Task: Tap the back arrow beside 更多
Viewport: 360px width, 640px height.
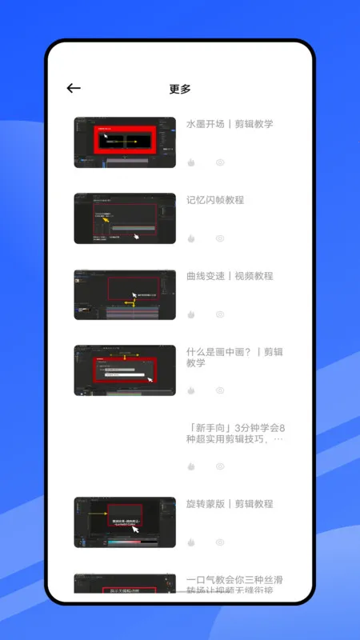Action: pos(74,89)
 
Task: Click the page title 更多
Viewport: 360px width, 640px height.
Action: pos(180,89)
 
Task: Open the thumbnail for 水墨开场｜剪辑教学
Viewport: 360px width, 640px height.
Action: pos(125,142)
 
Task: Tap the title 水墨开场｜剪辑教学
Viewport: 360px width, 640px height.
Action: pos(230,124)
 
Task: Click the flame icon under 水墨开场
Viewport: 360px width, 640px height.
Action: pos(191,162)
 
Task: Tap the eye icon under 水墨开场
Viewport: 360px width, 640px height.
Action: pos(220,162)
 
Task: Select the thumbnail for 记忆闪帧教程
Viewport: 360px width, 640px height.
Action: pos(125,218)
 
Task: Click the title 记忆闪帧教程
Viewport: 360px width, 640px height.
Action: pos(215,200)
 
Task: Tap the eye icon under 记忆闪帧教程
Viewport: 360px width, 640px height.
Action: pos(220,238)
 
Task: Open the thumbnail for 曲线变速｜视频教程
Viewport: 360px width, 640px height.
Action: pos(125,294)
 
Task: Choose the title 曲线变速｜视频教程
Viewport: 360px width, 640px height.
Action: pos(230,276)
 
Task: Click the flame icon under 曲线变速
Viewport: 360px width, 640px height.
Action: pos(191,314)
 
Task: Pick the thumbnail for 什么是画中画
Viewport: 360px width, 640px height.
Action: pos(125,370)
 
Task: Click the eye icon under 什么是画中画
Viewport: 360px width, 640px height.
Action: pos(220,390)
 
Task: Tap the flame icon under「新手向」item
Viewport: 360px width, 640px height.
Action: pos(191,466)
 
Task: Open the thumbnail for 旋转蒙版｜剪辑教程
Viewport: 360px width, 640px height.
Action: pos(125,522)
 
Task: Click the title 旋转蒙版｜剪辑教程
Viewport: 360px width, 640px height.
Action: pos(230,504)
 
